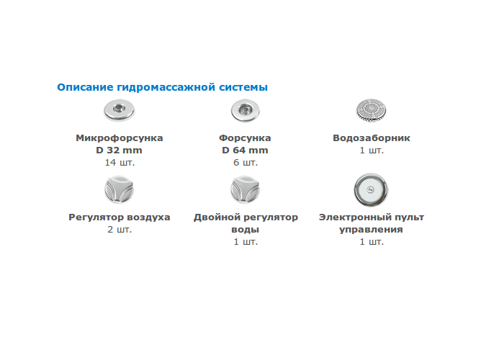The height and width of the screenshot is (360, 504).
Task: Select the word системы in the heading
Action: point(243,87)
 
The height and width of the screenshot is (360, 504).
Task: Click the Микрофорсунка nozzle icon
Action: point(119,110)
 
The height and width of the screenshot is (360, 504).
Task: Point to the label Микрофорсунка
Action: point(120,138)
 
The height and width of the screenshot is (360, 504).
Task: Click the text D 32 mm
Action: point(119,150)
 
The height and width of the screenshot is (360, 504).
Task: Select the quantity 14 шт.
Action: point(120,162)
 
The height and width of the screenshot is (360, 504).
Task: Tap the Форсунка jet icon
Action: point(246,111)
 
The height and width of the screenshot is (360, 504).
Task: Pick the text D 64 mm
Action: point(245,150)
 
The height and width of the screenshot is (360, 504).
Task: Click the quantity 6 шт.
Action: point(246,162)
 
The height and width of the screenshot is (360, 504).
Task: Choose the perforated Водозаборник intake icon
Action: point(372,111)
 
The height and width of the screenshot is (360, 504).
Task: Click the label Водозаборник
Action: point(372,138)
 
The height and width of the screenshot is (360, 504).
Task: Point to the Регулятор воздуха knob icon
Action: point(119,189)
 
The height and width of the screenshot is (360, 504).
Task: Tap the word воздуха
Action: point(148,217)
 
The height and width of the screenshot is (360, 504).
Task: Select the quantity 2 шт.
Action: point(120,230)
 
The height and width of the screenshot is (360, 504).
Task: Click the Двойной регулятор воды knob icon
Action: point(245,189)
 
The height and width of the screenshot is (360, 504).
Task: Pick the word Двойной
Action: point(213,217)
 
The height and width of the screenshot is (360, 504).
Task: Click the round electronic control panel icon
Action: point(371,189)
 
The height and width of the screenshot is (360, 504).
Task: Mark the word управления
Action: point(372,230)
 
